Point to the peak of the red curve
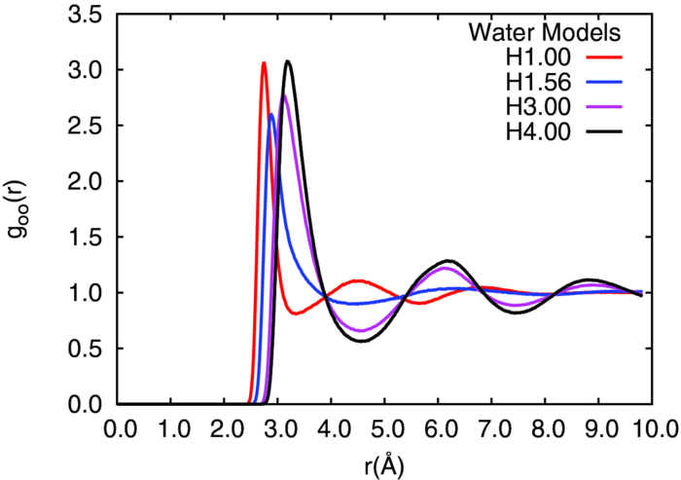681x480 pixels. [x=264, y=63]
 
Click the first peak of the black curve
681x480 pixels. [x=287, y=61]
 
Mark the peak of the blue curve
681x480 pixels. [x=271, y=114]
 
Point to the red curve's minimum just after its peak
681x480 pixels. [x=297, y=314]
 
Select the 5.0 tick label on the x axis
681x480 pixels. [x=385, y=428]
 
